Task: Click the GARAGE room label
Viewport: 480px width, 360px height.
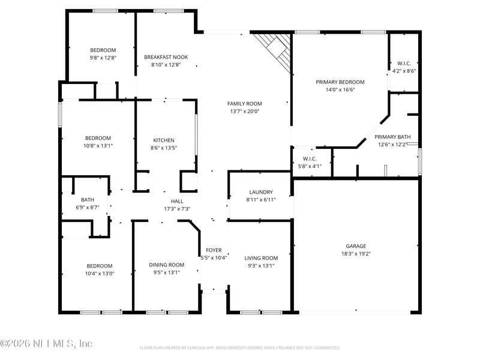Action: tap(355, 246)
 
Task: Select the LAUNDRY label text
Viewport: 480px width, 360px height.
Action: tap(260, 192)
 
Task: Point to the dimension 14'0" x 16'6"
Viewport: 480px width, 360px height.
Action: tap(340, 90)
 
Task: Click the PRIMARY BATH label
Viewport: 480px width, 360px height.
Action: tap(393, 137)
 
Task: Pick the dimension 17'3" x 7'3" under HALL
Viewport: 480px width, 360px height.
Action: tap(177, 209)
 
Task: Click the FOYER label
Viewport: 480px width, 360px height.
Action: tap(214, 250)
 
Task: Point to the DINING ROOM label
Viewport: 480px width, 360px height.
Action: tap(167, 265)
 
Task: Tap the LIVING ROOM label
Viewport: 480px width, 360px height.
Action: tap(261, 258)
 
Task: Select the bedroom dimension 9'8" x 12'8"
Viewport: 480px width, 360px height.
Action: tap(103, 58)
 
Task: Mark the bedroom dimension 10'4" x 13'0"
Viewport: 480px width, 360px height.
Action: tap(100, 274)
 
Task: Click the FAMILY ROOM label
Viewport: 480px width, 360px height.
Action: tap(244, 103)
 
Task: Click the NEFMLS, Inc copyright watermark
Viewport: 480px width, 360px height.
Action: tap(46, 344)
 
